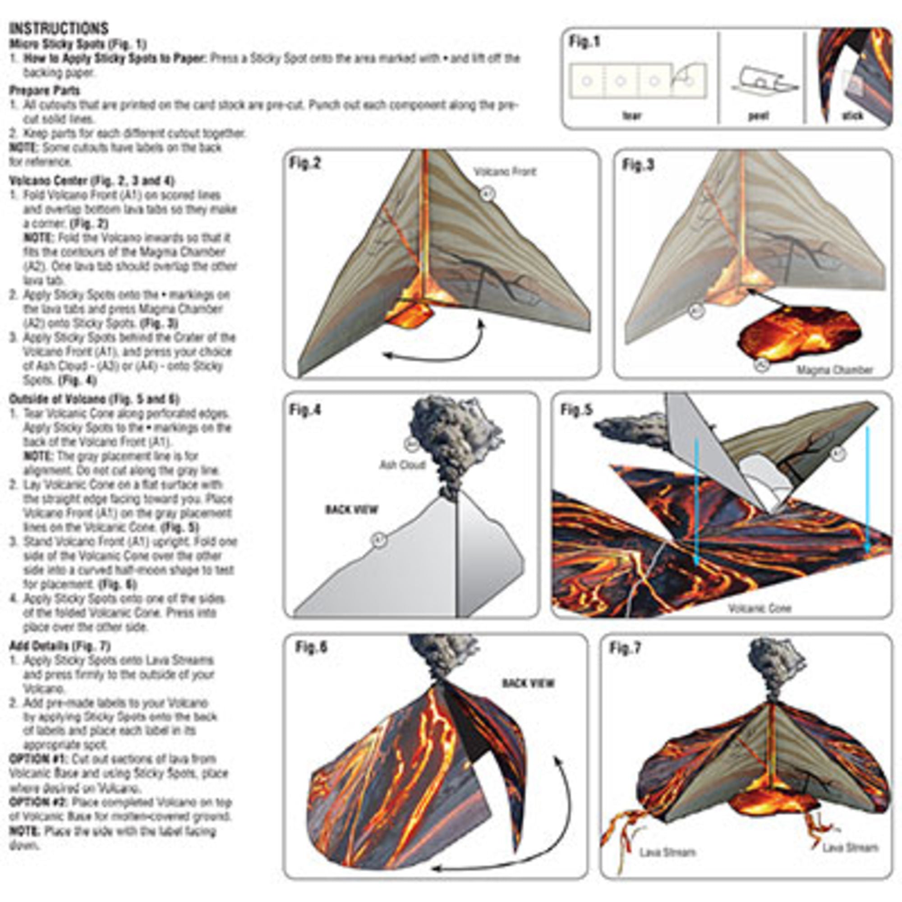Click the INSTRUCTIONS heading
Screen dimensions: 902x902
pos(59,28)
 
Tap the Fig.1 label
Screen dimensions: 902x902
pos(584,42)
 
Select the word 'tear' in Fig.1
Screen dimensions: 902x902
pos(632,116)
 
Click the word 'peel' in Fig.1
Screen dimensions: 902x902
pos(759,116)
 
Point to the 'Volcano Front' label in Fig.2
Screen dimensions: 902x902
pos(505,172)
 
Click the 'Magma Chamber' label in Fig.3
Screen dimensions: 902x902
pos(834,370)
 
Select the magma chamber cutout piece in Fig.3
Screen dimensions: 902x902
pos(798,334)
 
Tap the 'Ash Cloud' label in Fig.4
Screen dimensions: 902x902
pos(402,465)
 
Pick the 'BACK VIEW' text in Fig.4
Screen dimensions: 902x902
pos(351,509)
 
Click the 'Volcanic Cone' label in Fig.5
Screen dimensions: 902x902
pos(759,608)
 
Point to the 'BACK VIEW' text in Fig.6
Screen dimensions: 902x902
pos(528,683)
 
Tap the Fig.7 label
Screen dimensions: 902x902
pos(625,648)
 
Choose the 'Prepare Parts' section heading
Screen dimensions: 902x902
pos(44,91)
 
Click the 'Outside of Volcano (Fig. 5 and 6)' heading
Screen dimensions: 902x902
pos(94,399)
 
